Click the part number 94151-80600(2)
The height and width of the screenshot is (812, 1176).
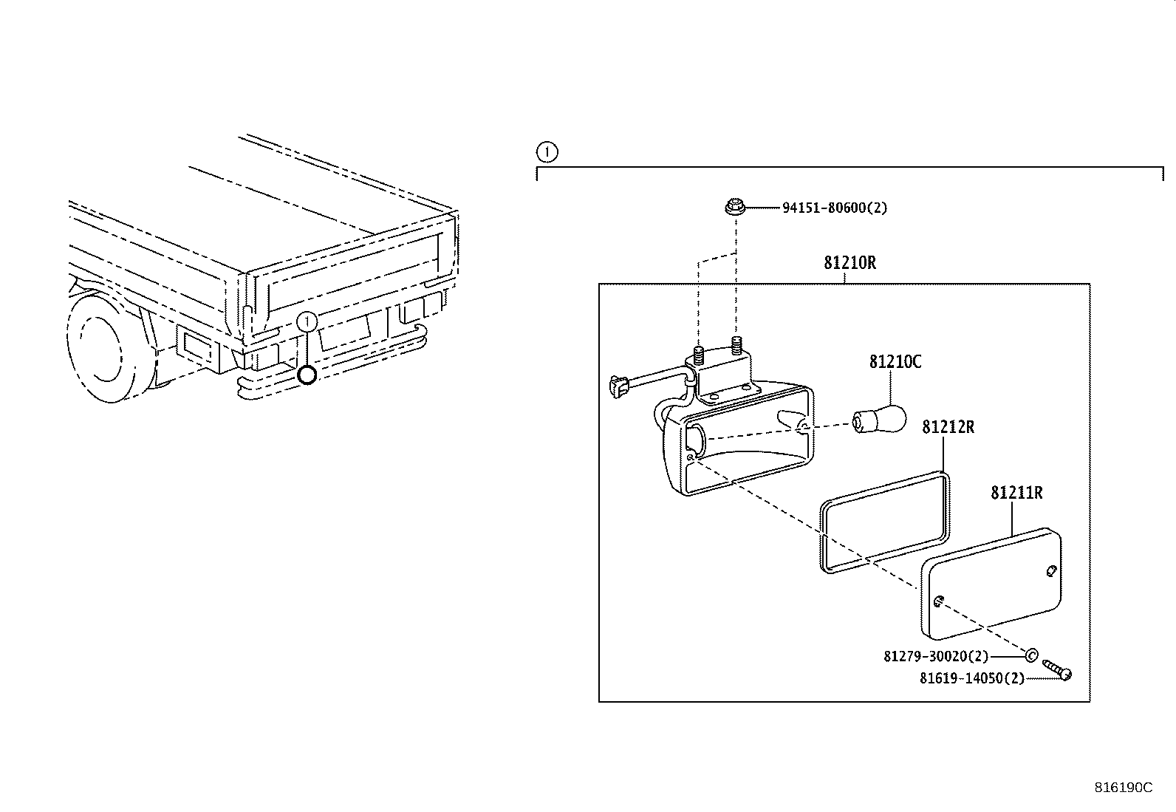(x=835, y=208)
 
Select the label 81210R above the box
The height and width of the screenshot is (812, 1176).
(x=849, y=263)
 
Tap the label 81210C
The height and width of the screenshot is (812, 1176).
(x=895, y=362)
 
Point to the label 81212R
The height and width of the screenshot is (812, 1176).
(x=948, y=427)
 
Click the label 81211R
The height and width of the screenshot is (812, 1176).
(x=1016, y=493)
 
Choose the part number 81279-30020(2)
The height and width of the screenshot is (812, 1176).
(x=935, y=656)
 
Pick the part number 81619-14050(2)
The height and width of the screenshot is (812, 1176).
(x=971, y=678)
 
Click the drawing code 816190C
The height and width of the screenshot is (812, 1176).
(x=1123, y=788)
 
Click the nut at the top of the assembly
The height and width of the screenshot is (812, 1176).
(x=734, y=208)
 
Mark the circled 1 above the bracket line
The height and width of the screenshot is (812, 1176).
(x=546, y=153)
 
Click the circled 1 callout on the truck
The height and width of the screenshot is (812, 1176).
(x=307, y=321)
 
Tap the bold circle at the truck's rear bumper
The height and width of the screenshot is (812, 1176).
(x=307, y=375)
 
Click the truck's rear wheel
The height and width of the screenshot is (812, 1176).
(x=103, y=347)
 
